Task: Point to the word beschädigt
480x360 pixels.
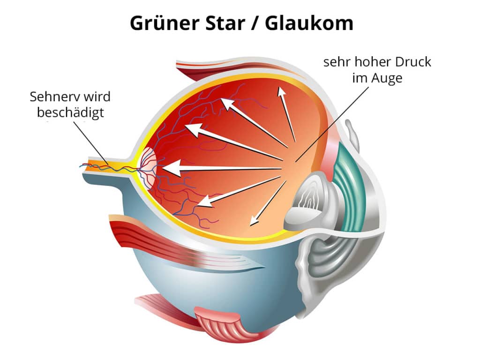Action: pos(70,113)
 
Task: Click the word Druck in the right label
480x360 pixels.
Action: pos(410,62)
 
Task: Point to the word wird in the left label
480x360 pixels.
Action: pos(98,97)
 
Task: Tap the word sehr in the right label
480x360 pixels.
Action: pos(335,62)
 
